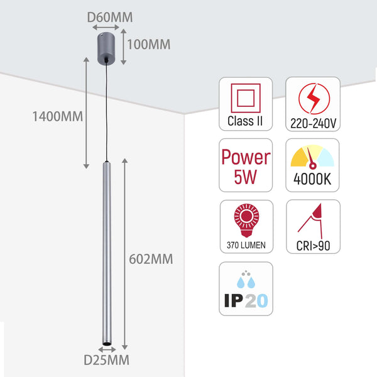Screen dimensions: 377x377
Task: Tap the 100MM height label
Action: [x=148, y=44]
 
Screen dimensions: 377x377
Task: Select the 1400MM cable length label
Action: [x=58, y=116]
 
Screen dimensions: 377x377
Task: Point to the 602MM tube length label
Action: [x=150, y=259]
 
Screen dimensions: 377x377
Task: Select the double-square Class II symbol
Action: [x=245, y=98]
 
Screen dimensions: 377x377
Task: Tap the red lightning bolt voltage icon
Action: [x=312, y=98]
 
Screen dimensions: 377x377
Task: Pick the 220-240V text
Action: [x=313, y=123]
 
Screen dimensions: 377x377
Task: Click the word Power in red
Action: [x=246, y=157]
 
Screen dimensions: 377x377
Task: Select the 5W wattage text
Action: [x=246, y=178]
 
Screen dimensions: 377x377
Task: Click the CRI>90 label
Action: [x=313, y=244]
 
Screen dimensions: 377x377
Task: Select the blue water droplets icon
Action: [x=246, y=280]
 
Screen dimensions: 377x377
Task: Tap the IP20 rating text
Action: [x=246, y=301]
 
